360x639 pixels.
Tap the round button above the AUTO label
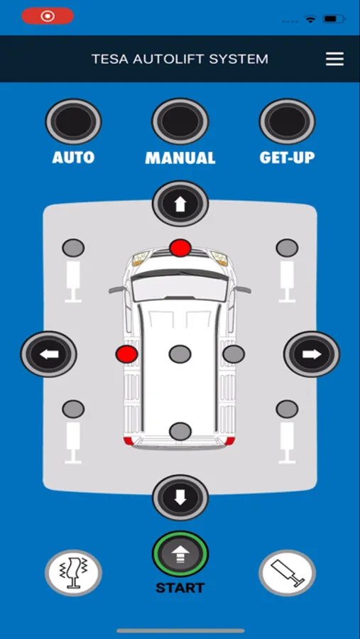coord(73,121)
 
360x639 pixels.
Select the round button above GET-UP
coord(287,121)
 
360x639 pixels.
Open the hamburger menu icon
coord(334,59)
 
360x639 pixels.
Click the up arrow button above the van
coord(180,204)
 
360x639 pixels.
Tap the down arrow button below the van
coord(180,497)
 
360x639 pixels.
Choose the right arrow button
coord(312,354)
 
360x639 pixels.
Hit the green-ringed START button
coord(180,555)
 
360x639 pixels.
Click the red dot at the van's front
coord(180,248)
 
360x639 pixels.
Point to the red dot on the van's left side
coord(126,354)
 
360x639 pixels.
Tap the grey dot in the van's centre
coord(180,354)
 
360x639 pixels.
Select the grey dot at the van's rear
coord(180,431)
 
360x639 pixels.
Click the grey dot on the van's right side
coord(234,354)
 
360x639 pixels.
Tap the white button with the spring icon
coord(73,573)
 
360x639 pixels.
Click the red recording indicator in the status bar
coord(48,16)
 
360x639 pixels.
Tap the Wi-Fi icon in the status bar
coord(311,18)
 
